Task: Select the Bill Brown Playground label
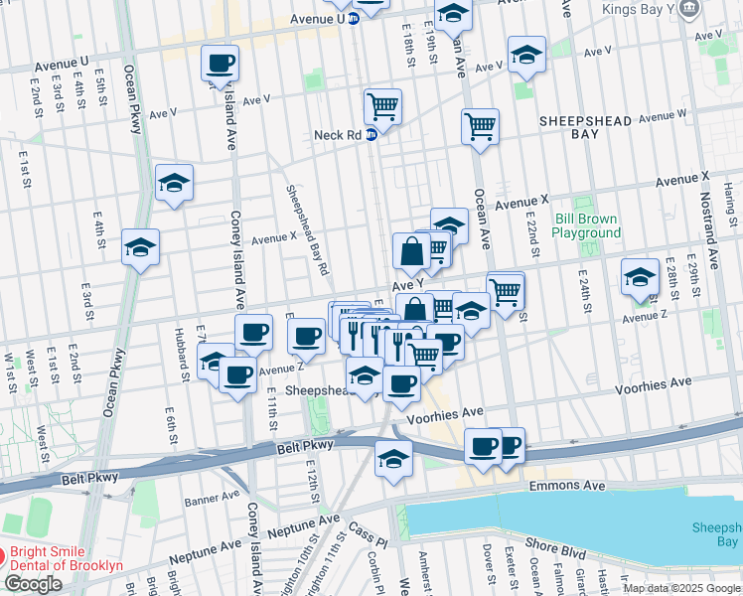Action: coord(586,225)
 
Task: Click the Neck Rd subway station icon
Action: coord(371,135)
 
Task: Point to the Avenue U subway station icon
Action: coord(354,19)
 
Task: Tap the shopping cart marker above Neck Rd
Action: coord(382,105)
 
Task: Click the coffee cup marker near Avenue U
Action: coord(220,64)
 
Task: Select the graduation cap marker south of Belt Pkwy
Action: coord(393,459)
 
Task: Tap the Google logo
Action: coord(33,584)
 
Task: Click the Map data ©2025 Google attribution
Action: coord(681,588)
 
